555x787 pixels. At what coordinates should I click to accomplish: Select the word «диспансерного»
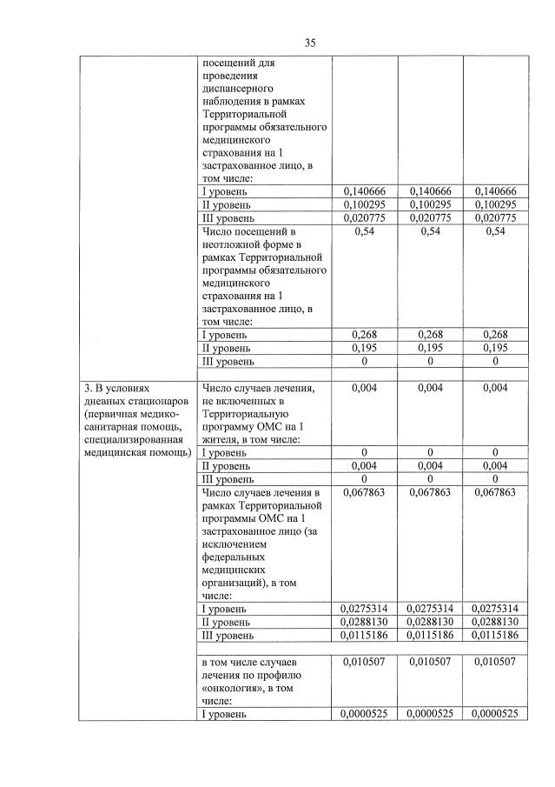(x=237, y=89)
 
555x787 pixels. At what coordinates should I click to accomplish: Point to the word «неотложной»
(x=229, y=245)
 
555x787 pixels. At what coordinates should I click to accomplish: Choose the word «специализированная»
(x=130, y=439)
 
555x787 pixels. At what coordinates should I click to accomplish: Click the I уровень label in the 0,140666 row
(x=224, y=191)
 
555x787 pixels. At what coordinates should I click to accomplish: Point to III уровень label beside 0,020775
(x=228, y=218)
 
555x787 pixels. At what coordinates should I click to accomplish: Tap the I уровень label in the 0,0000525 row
(x=224, y=714)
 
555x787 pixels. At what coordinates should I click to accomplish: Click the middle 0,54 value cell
(x=431, y=232)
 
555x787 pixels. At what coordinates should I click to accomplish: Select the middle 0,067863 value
(x=431, y=492)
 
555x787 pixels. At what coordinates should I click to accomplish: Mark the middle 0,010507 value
(x=431, y=662)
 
